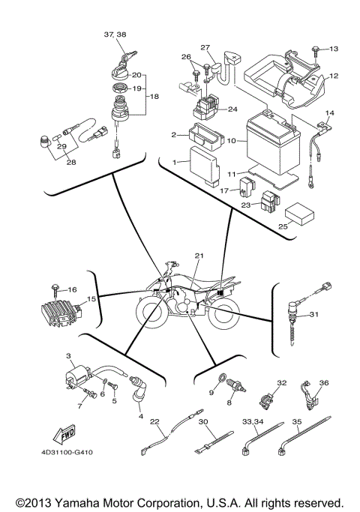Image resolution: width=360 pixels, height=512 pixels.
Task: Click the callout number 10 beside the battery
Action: click(x=232, y=140)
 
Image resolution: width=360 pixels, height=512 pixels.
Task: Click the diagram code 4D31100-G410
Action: click(x=67, y=453)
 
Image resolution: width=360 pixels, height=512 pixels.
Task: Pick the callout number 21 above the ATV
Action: click(x=199, y=256)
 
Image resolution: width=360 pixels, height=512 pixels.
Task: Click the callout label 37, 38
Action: click(x=117, y=34)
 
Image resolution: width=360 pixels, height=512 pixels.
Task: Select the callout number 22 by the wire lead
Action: click(x=155, y=421)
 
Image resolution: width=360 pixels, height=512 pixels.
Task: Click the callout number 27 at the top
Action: click(x=205, y=48)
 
